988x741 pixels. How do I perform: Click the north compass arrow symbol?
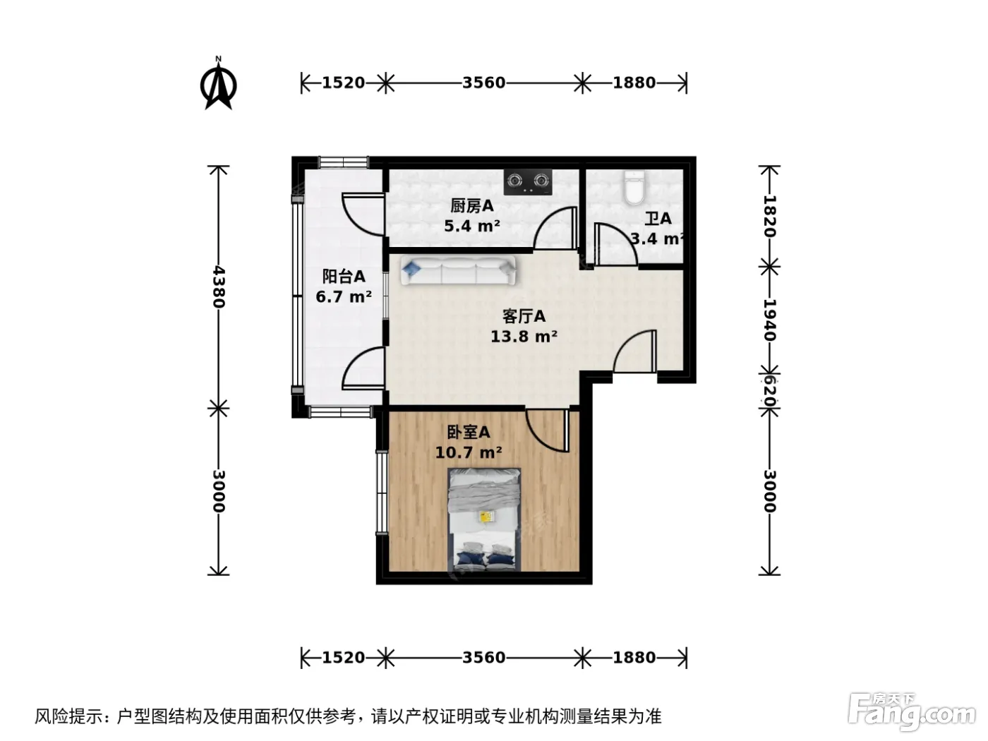[x=218, y=84]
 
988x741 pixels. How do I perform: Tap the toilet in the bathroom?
[x=634, y=188]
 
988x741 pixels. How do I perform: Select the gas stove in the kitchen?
[x=528, y=182]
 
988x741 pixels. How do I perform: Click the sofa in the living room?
[x=458, y=270]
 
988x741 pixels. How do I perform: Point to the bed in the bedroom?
[x=484, y=519]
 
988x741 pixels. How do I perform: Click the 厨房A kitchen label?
[x=471, y=206]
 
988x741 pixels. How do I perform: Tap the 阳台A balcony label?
[x=344, y=276]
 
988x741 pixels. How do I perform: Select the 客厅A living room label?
[x=524, y=317]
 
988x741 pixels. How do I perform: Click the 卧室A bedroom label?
[x=468, y=433]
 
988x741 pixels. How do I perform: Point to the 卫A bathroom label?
[x=658, y=219]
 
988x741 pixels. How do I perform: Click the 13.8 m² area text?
[x=524, y=337]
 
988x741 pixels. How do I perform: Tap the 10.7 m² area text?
[x=468, y=452]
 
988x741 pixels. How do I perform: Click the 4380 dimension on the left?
[x=219, y=287]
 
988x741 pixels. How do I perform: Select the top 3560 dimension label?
[x=484, y=83]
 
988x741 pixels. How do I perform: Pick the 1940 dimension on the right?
[x=770, y=320]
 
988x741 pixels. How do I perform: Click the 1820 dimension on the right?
[x=770, y=217]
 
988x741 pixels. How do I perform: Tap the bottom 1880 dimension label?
[x=634, y=658]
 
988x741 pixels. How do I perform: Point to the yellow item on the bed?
[x=486, y=517]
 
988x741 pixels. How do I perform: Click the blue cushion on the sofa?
[x=411, y=269]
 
